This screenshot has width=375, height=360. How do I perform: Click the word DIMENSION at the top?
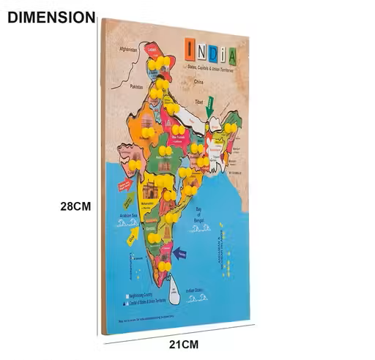point(51,17)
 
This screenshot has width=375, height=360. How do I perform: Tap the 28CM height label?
point(75,206)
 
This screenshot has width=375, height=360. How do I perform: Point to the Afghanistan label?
point(128,49)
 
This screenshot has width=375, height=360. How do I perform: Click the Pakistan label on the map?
point(135,86)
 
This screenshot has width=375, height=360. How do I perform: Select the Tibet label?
point(198,102)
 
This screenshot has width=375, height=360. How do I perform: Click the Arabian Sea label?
point(129,215)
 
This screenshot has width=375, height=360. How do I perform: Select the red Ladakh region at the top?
point(152,50)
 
